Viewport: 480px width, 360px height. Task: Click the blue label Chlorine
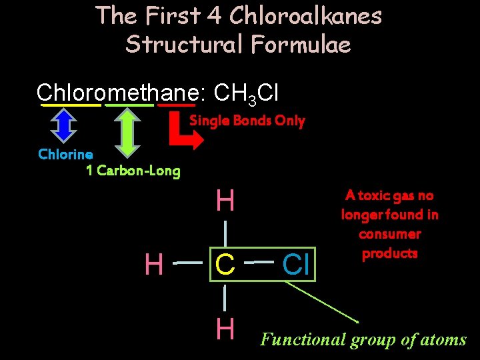(x=65, y=154)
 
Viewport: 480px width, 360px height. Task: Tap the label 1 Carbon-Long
(x=133, y=171)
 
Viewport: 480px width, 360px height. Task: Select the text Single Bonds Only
(x=247, y=121)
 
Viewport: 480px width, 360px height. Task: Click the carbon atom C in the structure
(x=225, y=265)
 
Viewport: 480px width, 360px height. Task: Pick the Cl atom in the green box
(x=295, y=265)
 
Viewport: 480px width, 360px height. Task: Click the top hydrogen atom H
(x=225, y=201)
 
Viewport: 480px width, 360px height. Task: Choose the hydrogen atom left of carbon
(x=154, y=265)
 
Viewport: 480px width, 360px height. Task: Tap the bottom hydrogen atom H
(x=225, y=329)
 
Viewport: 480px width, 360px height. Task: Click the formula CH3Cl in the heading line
(x=247, y=93)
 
